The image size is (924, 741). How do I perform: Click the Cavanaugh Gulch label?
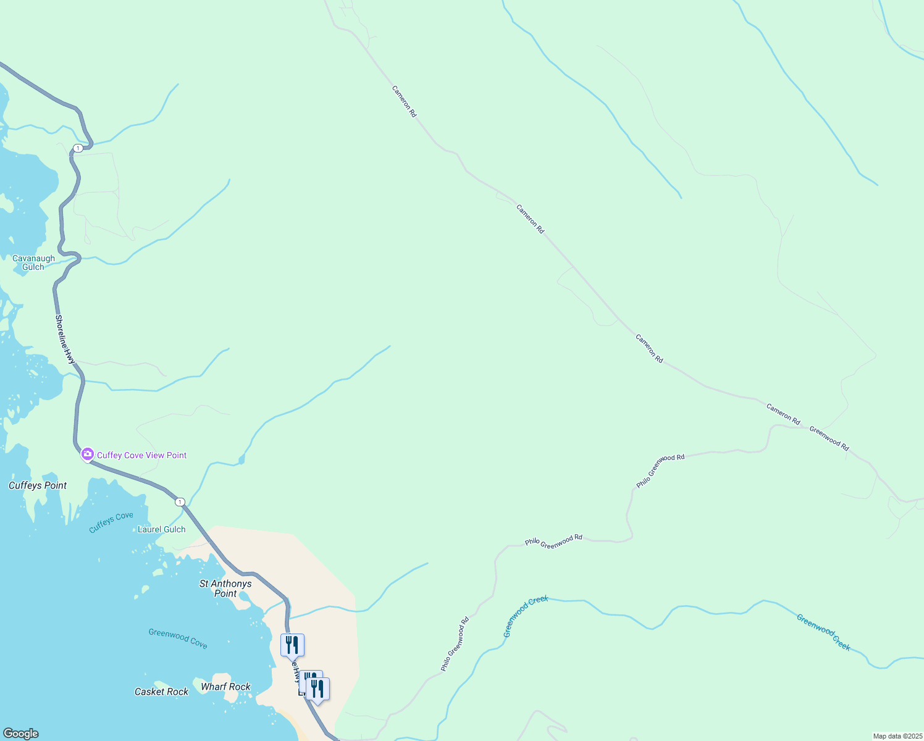[33, 263]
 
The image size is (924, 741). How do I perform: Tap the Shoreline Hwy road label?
[65, 339]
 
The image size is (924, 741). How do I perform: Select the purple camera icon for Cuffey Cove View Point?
[88, 455]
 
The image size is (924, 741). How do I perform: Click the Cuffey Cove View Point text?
[141, 456]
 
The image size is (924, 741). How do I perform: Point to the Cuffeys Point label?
[38, 486]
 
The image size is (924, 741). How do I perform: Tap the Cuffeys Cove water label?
[111, 522]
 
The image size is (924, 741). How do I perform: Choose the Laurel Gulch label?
[161, 530]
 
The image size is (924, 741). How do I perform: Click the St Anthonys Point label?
[225, 588]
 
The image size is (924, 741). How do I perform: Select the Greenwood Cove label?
[178, 638]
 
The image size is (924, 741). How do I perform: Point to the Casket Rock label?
[161, 692]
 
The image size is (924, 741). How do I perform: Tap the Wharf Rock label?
[225, 687]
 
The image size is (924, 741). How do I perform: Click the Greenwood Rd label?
[829, 438]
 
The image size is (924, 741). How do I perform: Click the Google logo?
[21, 734]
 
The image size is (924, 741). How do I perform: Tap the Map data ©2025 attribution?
[897, 736]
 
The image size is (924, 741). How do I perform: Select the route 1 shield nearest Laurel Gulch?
[180, 502]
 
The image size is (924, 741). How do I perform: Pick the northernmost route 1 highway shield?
[78, 148]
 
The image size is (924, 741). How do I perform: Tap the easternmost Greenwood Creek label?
[823, 632]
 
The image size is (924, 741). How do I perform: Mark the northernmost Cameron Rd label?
[404, 101]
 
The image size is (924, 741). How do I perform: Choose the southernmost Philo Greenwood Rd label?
[455, 644]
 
